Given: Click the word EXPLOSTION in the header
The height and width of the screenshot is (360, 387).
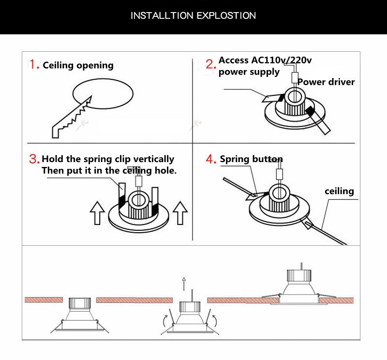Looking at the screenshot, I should (x=226, y=15).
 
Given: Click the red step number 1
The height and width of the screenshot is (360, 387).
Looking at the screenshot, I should (x=33, y=64).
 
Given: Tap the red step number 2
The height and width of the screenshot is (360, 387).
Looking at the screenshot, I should (x=210, y=64).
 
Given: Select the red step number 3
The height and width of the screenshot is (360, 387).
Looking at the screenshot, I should (x=34, y=159).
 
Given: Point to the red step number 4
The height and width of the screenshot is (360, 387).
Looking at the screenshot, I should (x=211, y=159).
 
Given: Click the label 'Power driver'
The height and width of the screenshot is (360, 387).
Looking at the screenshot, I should (x=326, y=82).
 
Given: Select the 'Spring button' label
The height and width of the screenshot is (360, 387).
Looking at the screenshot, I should (x=251, y=159).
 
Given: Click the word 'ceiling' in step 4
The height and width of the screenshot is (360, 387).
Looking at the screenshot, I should (x=339, y=191).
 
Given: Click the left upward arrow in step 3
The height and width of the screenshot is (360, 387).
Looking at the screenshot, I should (x=98, y=213).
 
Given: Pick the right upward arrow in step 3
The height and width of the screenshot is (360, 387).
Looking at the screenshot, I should (x=180, y=213).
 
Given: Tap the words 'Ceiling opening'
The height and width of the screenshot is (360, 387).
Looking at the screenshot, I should (x=78, y=65).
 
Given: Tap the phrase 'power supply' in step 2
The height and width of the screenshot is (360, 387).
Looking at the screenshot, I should (x=249, y=72).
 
